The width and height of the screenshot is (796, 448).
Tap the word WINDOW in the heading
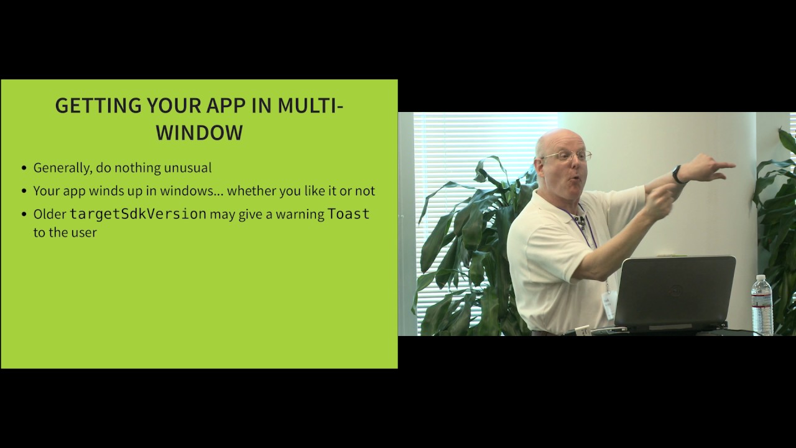199,132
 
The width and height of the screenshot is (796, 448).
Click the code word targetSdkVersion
137,214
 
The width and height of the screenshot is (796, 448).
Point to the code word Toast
348,214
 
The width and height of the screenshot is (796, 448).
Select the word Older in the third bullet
50,214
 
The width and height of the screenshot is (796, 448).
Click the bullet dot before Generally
24,169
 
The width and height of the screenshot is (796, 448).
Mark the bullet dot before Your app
24,192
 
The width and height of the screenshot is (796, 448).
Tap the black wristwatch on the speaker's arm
677,174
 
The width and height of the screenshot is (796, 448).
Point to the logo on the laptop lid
674,291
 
